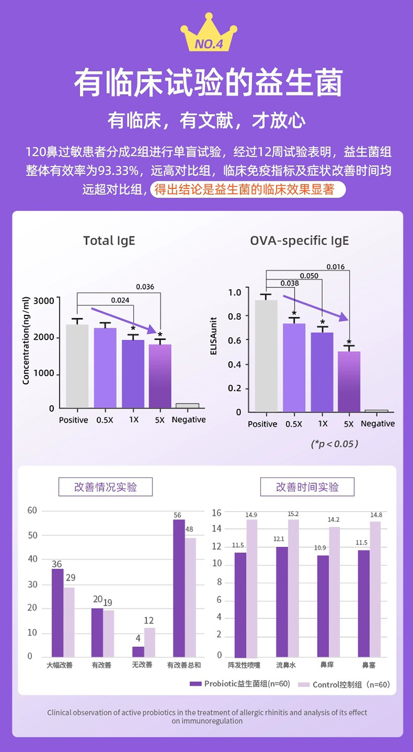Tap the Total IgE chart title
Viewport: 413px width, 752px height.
[x=109, y=241]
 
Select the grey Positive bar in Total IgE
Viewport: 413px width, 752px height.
[x=77, y=366]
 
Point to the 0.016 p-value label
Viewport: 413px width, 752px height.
[x=335, y=267]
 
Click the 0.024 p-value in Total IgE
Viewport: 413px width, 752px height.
[x=120, y=300]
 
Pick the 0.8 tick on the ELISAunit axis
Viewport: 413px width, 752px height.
[x=235, y=316]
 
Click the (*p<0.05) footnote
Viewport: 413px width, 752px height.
[x=334, y=443]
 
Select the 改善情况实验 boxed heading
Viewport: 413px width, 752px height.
[x=106, y=487]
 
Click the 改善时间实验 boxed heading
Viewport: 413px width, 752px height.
[x=307, y=487]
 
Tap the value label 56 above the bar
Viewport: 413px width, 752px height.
[x=177, y=515]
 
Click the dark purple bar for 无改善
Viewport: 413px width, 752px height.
[x=138, y=651]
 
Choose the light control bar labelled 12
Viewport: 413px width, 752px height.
[x=149, y=642]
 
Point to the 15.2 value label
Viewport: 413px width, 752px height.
[x=293, y=514]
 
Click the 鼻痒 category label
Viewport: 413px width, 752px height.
[x=327, y=665]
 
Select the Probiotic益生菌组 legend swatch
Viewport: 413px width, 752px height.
[x=195, y=684]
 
